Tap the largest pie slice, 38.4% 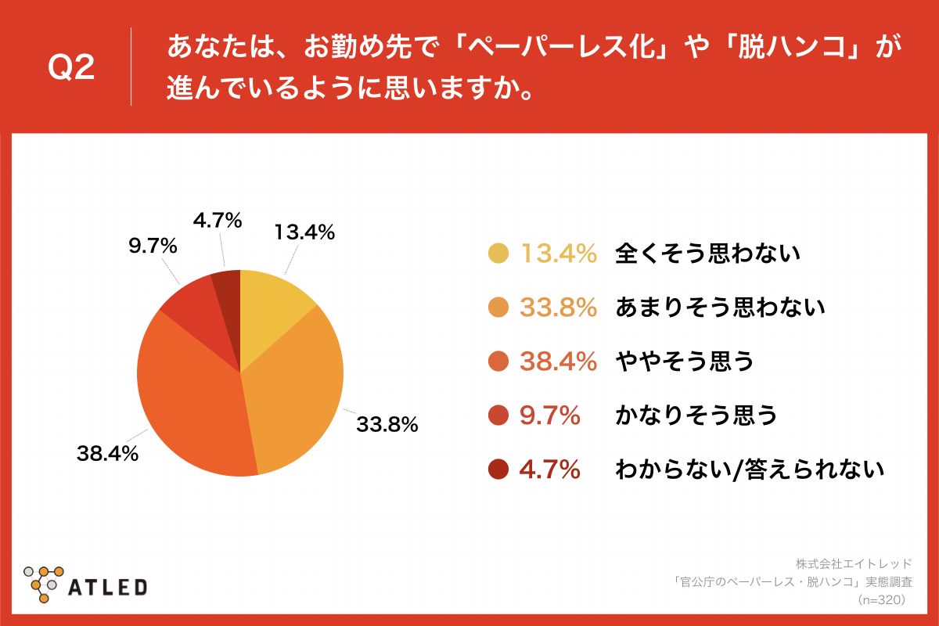192,398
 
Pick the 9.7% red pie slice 201,318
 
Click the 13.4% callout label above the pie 304,232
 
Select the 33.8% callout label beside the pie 387,424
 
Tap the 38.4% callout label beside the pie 107,454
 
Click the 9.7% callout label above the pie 153,246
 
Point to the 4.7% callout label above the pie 218,221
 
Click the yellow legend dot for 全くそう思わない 498,254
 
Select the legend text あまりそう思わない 720,308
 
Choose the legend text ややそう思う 685,362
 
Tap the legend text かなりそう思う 696,415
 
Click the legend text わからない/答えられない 750,469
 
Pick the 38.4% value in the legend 559,362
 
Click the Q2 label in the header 71,67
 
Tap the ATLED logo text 108,587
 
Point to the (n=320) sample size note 881,600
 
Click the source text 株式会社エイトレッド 854,564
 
